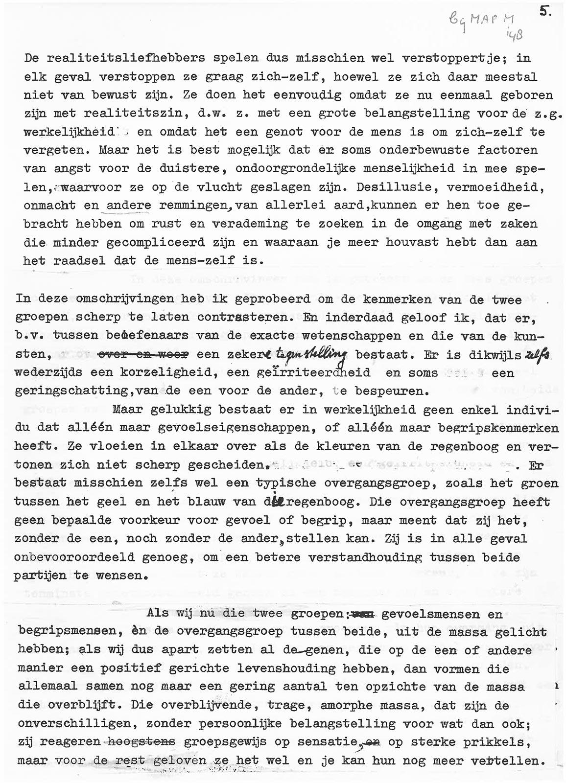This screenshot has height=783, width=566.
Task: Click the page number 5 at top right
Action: click(544, 13)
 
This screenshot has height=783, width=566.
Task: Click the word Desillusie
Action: click(391, 187)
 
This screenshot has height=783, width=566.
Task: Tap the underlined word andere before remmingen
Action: click(129, 206)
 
